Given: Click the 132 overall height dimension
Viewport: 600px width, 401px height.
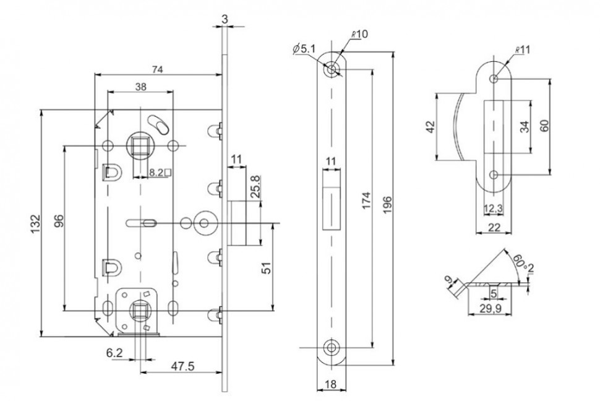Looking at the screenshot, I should [x=36, y=222].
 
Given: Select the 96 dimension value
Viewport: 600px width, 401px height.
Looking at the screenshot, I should [x=59, y=222].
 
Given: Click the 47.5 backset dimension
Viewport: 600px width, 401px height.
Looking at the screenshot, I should [x=182, y=366].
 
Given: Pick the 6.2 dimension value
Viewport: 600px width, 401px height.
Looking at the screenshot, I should [x=113, y=353].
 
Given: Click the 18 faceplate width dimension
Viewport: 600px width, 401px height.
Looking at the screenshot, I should [x=333, y=384].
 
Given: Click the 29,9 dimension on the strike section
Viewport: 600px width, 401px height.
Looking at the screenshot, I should [x=491, y=307].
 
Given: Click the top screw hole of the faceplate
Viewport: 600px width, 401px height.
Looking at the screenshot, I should [x=333, y=69].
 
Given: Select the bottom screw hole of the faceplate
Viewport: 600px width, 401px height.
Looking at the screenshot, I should [x=333, y=348].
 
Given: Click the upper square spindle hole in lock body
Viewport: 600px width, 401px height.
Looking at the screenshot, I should [x=137, y=146].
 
